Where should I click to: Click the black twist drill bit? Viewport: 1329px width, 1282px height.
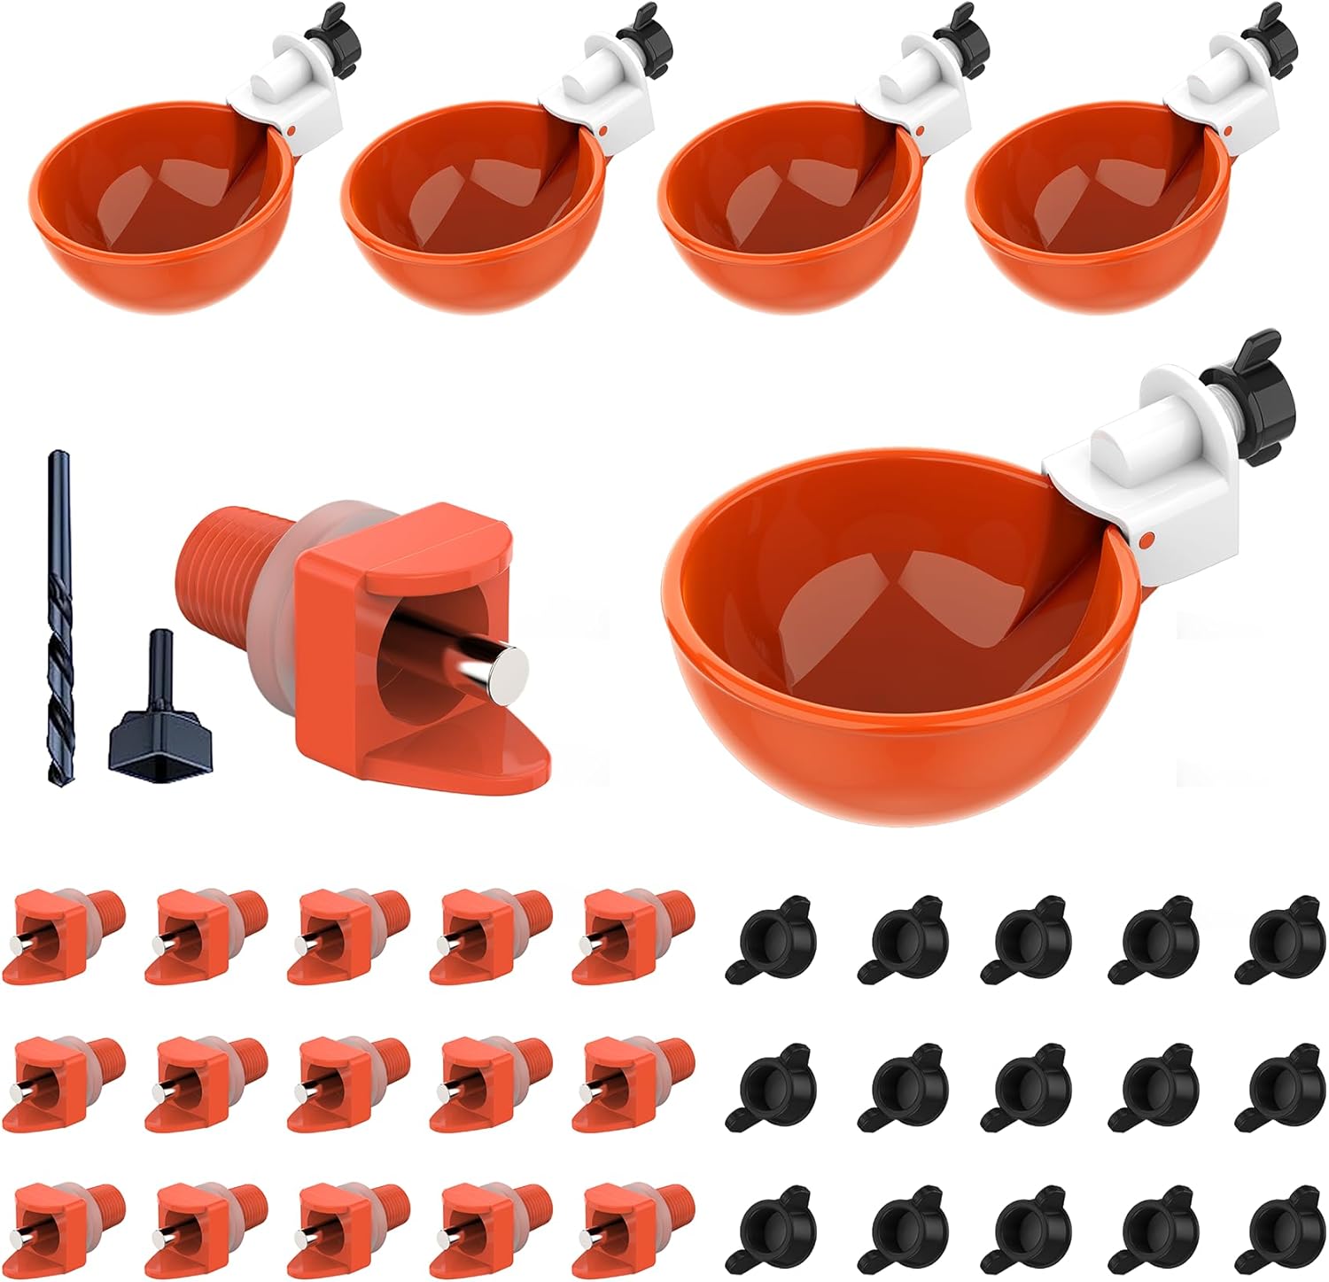tap(58, 620)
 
